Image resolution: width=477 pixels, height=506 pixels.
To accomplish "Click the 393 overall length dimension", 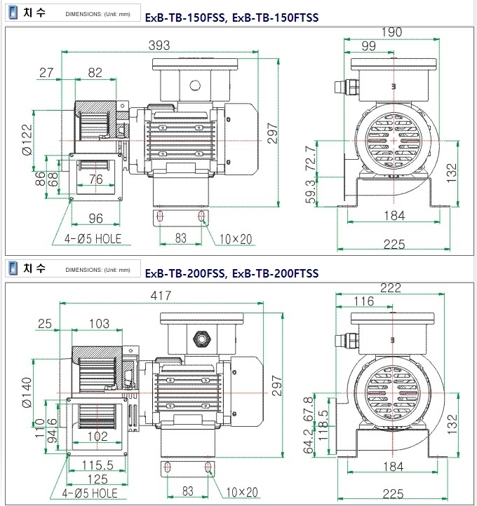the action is click(x=159, y=45).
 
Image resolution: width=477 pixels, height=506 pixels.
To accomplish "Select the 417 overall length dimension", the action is click(x=161, y=296).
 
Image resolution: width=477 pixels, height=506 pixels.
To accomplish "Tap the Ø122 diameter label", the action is click(x=28, y=139).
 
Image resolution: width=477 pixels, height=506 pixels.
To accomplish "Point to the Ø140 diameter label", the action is click(x=27, y=392).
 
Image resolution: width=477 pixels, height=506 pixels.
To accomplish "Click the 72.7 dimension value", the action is click(x=310, y=158).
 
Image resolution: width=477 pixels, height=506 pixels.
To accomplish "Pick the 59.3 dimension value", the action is click(x=310, y=192).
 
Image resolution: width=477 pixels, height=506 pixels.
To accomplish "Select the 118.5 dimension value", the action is click(x=323, y=425).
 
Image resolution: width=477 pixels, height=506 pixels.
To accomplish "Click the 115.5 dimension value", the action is click(x=98, y=465).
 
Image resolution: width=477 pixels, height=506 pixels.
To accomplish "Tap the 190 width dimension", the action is click(x=391, y=32).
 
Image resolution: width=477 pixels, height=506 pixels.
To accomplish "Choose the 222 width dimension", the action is click(x=391, y=287).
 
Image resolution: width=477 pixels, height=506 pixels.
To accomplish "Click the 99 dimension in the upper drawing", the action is click(x=368, y=46).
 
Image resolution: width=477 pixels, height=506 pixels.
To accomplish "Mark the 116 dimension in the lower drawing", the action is click(x=364, y=301).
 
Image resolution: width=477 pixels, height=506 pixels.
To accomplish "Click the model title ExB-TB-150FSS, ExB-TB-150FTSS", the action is click(x=232, y=18).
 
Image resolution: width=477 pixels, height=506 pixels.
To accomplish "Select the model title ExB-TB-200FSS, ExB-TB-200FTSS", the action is click(x=232, y=273).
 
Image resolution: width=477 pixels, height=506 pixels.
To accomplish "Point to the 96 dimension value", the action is click(x=96, y=219).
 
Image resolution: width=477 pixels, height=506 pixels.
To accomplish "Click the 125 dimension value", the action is click(x=98, y=479).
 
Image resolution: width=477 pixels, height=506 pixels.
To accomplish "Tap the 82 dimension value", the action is click(x=95, y=73).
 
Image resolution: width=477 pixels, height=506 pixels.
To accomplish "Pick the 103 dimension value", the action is click(x=100, y=323).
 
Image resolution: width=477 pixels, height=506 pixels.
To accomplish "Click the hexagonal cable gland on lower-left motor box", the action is click(x=201, y=339).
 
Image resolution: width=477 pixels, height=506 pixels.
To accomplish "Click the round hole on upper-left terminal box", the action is click(x=195, y=86).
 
